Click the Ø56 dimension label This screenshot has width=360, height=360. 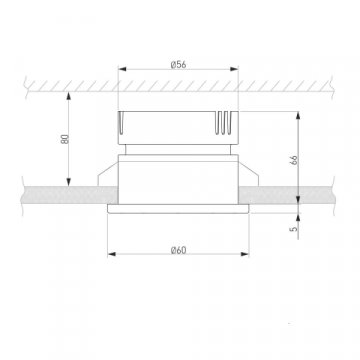[x=178, y=65]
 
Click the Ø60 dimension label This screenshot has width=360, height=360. [x=178, y=250]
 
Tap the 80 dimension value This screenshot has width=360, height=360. [x=65, y=139]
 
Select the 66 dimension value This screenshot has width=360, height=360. [x=294, y=160]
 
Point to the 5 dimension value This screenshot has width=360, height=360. [x=293, y=229]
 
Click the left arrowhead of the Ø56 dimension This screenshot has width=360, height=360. [x=122, y=69]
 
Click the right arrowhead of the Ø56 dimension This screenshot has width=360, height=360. [x=234, y=69]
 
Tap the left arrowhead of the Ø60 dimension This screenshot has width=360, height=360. [x=112, y=254]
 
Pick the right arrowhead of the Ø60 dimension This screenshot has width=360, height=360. [x=245, y=254]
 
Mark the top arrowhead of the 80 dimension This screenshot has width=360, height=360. [x=69, y=96]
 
